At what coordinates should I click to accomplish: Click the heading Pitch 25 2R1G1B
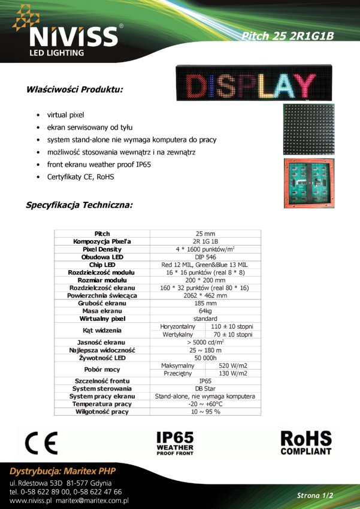point(287,35)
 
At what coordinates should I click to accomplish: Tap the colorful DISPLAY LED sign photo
point(254,84)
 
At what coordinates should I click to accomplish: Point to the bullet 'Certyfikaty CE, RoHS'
point(81,177)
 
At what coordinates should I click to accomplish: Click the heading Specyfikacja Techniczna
point(80,205)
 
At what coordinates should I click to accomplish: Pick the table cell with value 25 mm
point(205,234)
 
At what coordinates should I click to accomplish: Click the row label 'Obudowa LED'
point(102,257)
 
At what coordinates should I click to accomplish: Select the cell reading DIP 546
point(205,257)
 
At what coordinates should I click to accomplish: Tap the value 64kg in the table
point(205,311)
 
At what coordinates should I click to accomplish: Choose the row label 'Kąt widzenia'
point(102,331)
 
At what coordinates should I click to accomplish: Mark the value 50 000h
point(205,358)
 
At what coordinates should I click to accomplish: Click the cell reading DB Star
point(205,389)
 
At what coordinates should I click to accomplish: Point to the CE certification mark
point(43,443)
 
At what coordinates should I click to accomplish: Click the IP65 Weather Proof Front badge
point(175,443)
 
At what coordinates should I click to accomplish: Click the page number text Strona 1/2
point(315,495)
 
